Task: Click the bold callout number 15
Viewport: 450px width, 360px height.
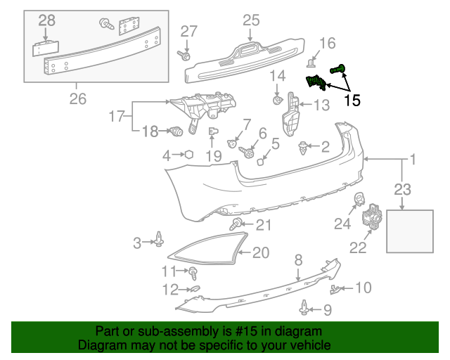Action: pyautogui.click(x=352, y=100)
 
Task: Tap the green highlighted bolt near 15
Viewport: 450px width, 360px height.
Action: pyautogui.click(x=337, y=69)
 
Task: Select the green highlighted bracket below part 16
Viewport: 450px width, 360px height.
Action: pyautogui.click(x=316, y=82)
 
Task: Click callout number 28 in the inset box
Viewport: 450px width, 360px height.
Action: pyautogui.click(x=47, y=20)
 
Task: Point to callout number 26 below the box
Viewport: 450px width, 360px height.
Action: pyautogui.click(x=78, y=98)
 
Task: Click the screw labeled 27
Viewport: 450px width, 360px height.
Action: pyautogui.click(x=184, y=55)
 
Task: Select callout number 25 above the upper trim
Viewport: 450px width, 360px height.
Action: pyautogui.click(x=251, y=20)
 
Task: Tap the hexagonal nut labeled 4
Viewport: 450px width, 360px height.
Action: pyautogui.click(x=189, y=155)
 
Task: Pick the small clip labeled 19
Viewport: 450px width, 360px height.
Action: pyautogui.click(x=212, y=131)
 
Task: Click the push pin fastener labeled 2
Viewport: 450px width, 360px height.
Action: pyautogui.click(x=303, y=148)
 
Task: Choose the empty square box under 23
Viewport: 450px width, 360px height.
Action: pyautogui.click(x=410, y=231)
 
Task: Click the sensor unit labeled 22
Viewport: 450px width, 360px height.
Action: pyautogui.click(x=372, y=217)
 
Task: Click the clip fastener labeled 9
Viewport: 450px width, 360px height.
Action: pyautogui.click(x=304, y=307)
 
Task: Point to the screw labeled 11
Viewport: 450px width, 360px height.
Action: pyautogui.click(x=194, y=273)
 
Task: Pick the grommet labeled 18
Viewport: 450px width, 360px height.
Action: pyautogui.click(x=176, y=131)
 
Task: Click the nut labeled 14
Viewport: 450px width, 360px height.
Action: pyautogui.click(x=277, y=101)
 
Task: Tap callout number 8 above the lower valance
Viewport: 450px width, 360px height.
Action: pyautogui.click(x=298, y=260)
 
